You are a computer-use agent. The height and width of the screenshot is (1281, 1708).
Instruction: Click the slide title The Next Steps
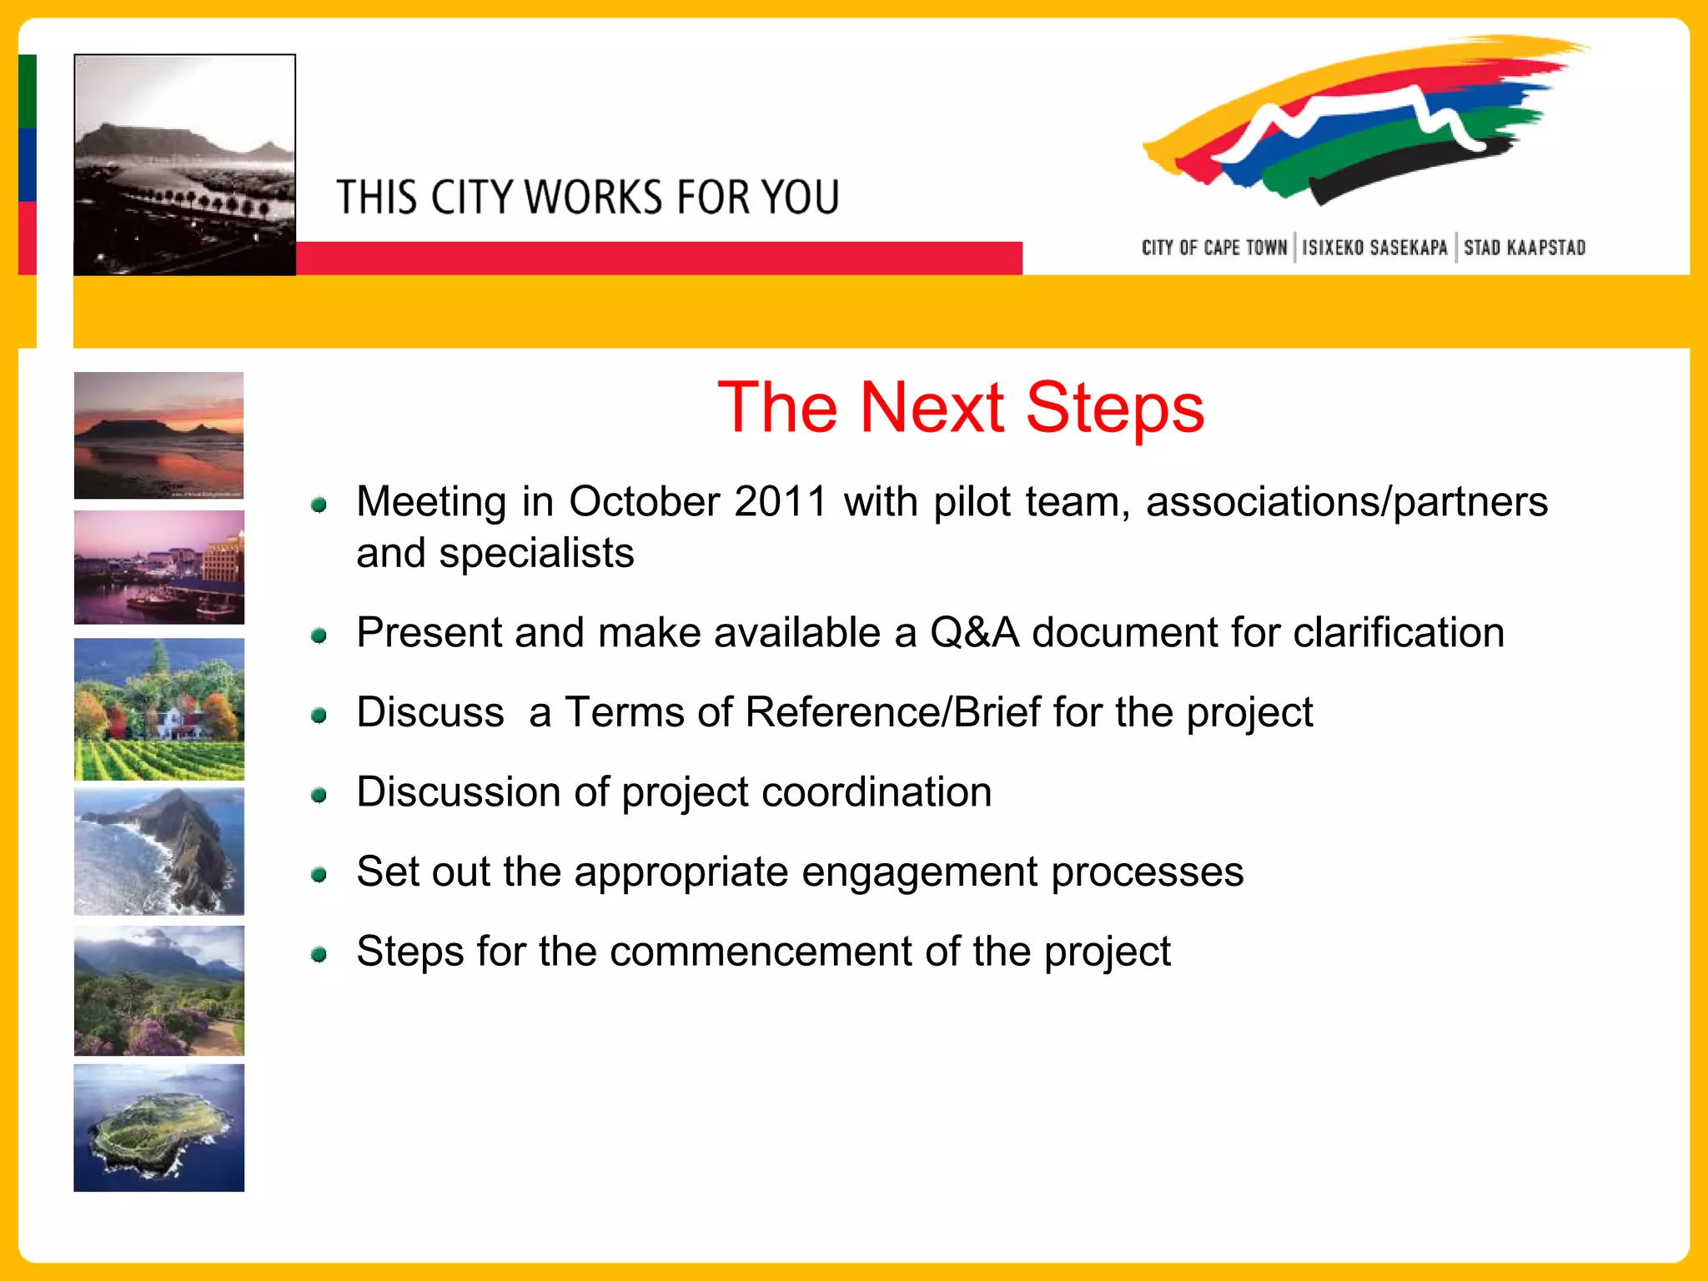[x=961, y=408]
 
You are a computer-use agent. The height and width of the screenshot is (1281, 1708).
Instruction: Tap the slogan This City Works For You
[x=588, y=198]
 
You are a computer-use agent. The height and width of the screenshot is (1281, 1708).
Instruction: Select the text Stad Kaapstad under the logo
[x=1525, y=248]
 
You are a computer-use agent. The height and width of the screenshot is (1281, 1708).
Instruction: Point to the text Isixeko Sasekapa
[x=1374, y=248]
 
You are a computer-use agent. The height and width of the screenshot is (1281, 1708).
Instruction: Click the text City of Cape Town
[x=1214, y=248]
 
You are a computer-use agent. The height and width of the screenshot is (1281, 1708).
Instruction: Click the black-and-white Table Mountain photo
[x=184, y=165]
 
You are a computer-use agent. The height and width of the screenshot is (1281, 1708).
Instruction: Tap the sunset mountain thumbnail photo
[x=158, y=435]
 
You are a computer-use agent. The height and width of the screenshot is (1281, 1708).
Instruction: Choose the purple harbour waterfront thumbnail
[x=158, y=567]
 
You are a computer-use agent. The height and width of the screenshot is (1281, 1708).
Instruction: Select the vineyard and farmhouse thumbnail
[x=158, y=709]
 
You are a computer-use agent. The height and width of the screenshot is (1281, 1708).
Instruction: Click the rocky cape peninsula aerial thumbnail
[x=158, y=851]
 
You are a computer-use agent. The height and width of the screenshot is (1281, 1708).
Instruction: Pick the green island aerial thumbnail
[x=158, y=1128]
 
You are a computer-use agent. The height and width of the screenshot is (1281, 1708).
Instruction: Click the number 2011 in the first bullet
[x=781, y=502]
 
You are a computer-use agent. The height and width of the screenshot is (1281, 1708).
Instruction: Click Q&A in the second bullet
[x=975, y=633]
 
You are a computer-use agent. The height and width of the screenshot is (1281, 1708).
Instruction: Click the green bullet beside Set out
[x=319, y=875]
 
